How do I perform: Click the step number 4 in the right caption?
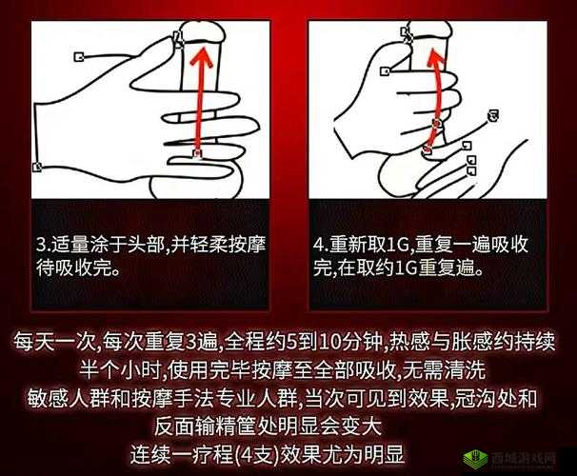[x=319, y=245]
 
